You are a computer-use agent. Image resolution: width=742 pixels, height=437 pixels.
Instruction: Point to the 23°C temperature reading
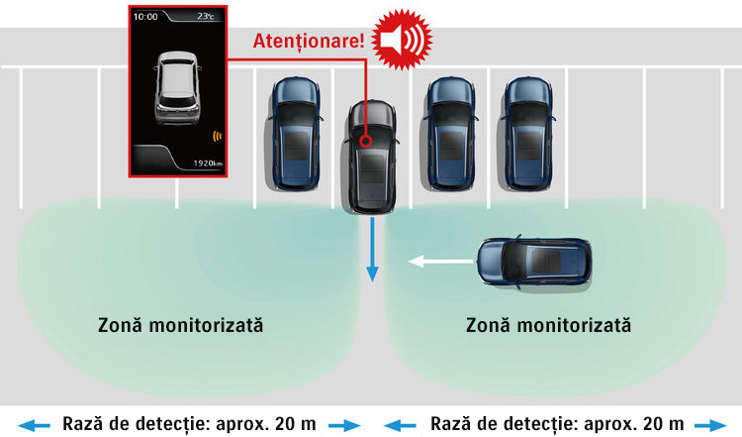pos(207,17)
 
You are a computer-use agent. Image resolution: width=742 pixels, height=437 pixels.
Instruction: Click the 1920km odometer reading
pos(207,162)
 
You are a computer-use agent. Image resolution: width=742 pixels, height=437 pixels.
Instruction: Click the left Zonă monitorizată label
pos(180,325)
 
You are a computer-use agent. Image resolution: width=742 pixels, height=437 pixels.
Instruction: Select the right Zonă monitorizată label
pos(548,325)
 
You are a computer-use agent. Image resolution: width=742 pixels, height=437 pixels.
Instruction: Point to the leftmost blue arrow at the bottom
pos(35,424)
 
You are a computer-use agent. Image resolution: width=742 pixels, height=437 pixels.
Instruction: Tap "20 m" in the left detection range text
pos(296,423)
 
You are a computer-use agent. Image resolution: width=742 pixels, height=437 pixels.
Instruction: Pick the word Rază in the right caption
pos(451,423)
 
